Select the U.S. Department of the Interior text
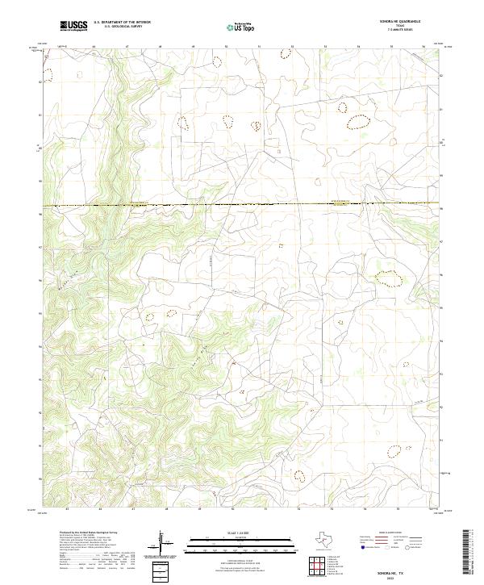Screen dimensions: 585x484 pyautogui.click(x=122, y=22)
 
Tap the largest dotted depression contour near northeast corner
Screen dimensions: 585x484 pyautogui.click(x=357, y=123)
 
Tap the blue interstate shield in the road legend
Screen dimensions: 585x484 pyautogui.click(x=363, y=547)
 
